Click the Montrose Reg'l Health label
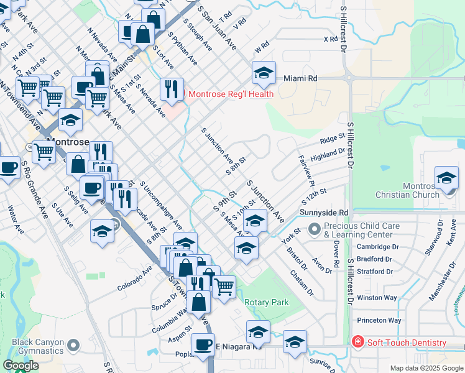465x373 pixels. click(231, 94)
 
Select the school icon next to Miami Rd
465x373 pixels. click(264, 73)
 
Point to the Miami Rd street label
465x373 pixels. click(300, 79)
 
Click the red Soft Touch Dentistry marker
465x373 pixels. click(357, 343)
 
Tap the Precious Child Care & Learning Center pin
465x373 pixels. click(315, 230)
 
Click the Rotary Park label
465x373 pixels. click(267, 302)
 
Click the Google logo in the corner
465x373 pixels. click(21, 366)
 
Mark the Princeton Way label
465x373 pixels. click(379, 320)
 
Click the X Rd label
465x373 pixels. click(330, 39)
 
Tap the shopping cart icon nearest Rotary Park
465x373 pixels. click(224, 287)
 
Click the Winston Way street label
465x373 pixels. click(377, 297)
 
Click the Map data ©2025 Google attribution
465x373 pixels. click(426, 368)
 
